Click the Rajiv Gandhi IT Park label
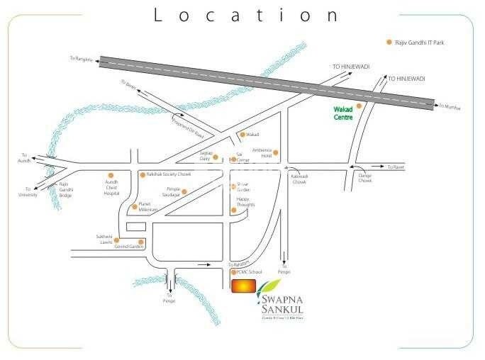click(424, 43)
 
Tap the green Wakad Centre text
click(343, 113)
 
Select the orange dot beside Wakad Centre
click(359, 106)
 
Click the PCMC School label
click(250, 272)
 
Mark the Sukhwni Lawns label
click(105, 239)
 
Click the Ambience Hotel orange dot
click(276, 152)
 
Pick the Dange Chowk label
click(364, 177)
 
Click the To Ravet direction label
click(394, 167)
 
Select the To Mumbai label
click(450, 107)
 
